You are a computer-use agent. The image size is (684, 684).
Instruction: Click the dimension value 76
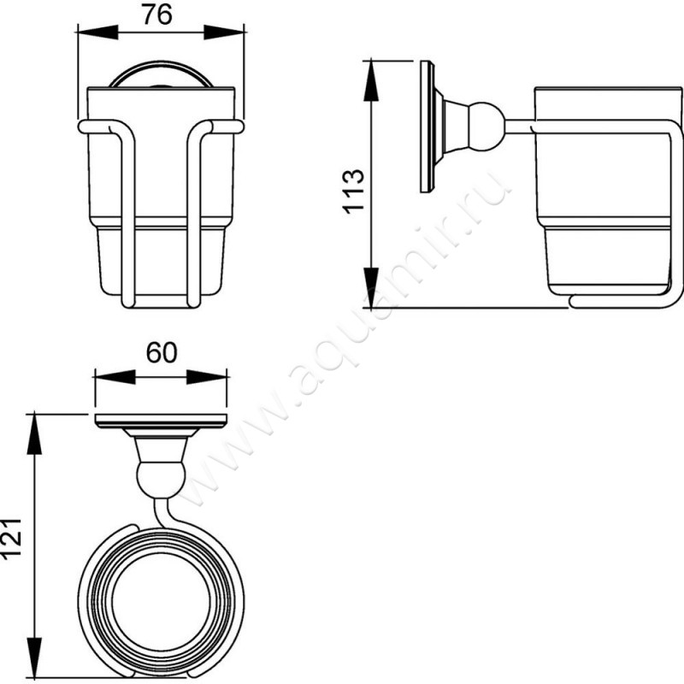pyautogui.click(x=157, y=15)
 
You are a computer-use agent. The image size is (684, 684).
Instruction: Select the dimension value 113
pyautogui.click(x=353, y=191)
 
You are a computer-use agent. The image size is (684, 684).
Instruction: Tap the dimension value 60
pyautogui.click(x=162, y=352)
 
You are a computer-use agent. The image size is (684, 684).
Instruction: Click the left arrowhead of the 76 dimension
pyautogui.click(x=97, y=32)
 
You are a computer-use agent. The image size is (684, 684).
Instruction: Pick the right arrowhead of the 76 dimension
pyautogui.click(x=224, y=32)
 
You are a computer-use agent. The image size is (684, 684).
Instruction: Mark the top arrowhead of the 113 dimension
pyautogui.click(x=371, y=81)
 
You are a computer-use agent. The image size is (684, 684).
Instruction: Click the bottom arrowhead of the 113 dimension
pyautogui.click(x=371, y=287)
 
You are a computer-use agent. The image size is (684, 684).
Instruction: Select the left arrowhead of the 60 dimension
pyautogui.click(x=115, y=377)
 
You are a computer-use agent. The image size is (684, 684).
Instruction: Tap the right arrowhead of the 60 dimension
pyautogui.click(x=207, y=377)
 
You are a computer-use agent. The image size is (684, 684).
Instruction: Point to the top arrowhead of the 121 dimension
pyautogui.click(x=34, y=434)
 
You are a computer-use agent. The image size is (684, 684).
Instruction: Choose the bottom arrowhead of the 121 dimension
pyautogui.click(x=34, y=657)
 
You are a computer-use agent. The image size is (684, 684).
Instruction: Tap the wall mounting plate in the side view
pyautogui.click(x=427, y=127)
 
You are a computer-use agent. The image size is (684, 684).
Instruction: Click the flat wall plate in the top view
pyautogui.click(x=162, y=421)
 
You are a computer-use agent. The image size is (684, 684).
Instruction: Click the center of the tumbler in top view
pyautogui.click(x=161, y=602)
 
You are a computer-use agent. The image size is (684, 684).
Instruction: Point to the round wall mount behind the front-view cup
pyautogui.click(x=161, y=69)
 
